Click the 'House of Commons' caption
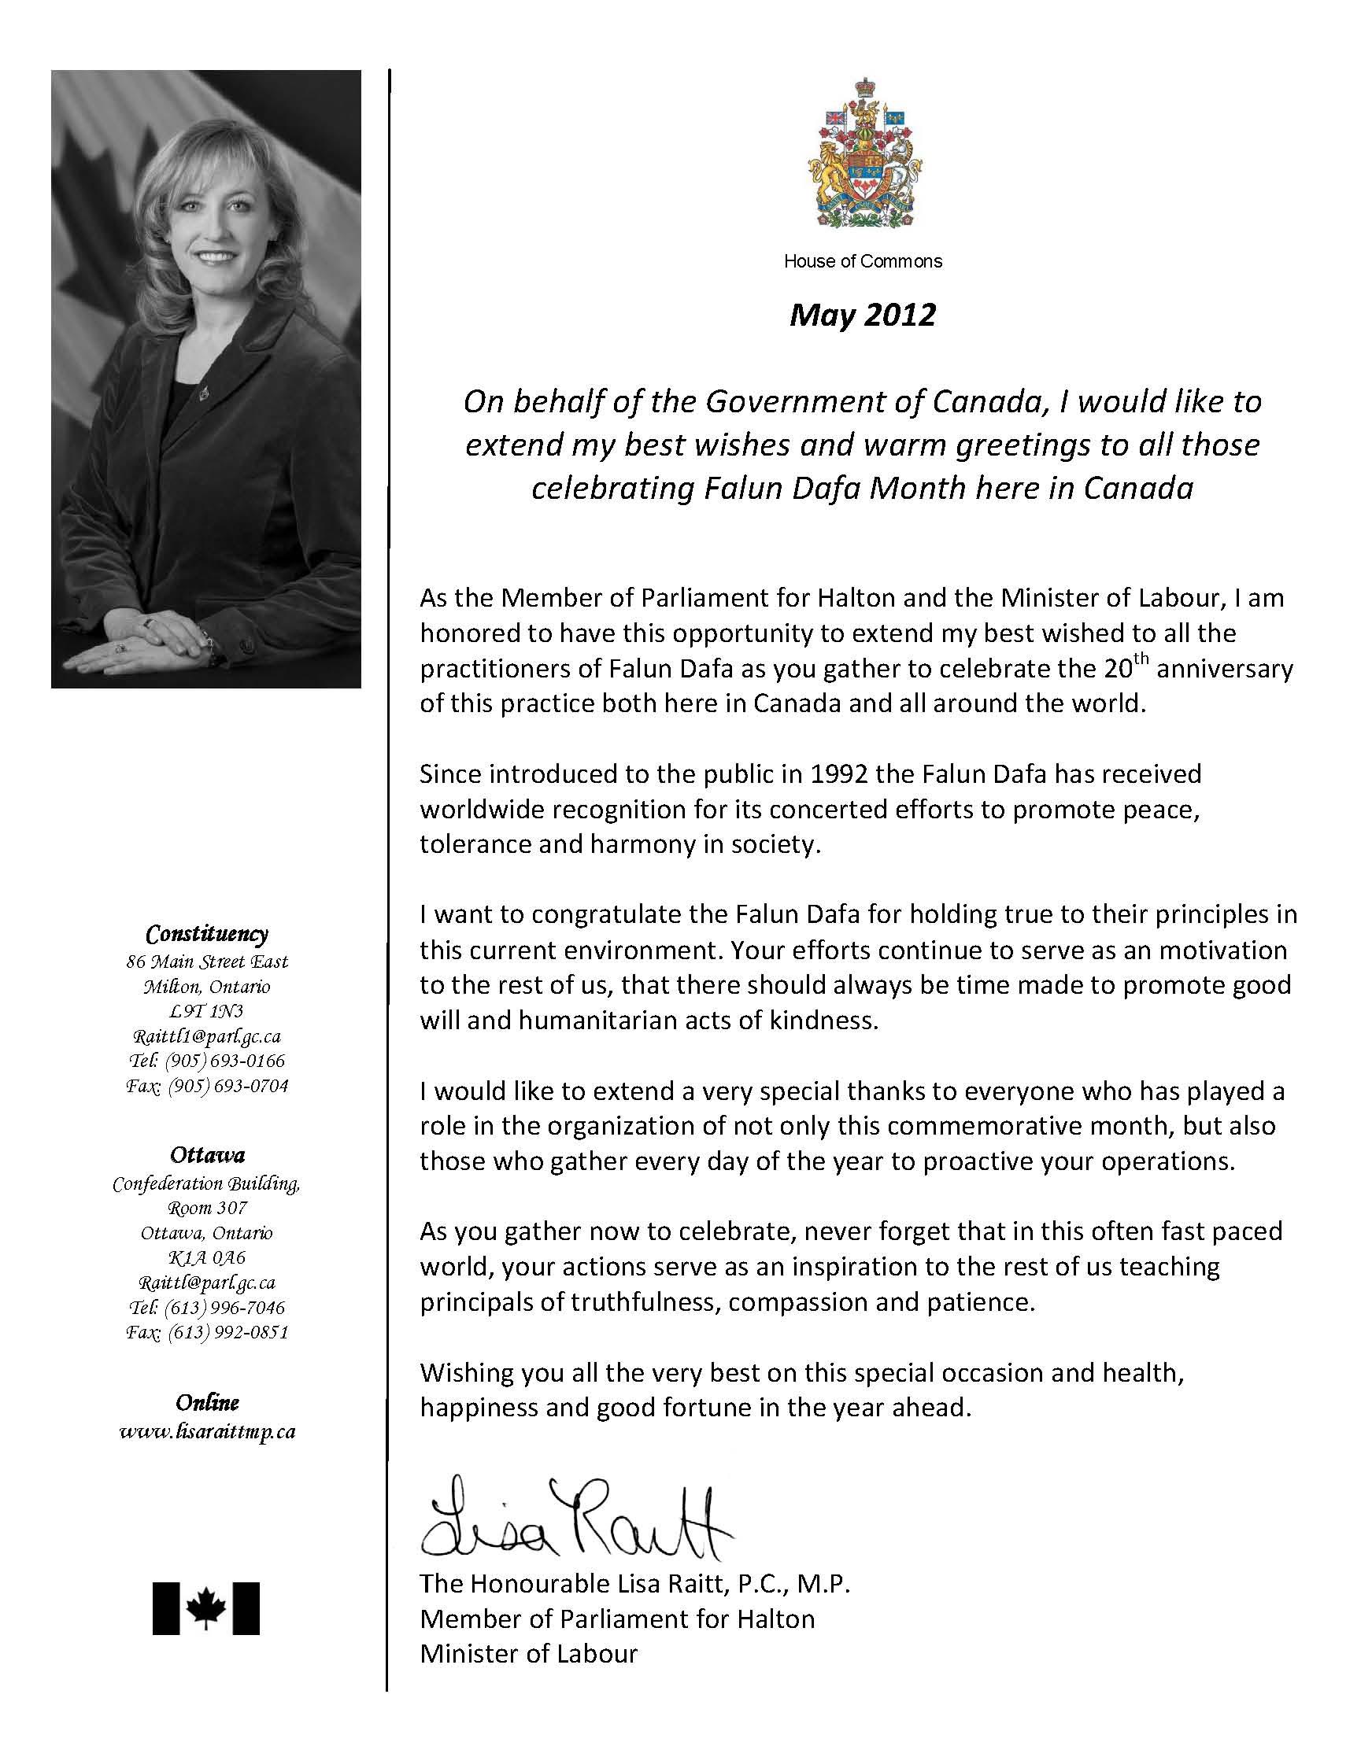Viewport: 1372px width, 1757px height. (x=863, y=260)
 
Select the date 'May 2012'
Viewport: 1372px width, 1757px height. (x=863, y=315)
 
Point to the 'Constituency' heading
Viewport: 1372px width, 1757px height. (x=207, y=935)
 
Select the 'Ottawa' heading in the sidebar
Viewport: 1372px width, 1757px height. (x=207, y=1155)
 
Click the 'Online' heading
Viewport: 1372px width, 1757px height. (x=207, y=1403)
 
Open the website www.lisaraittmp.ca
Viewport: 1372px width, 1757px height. (x=207, y=1432)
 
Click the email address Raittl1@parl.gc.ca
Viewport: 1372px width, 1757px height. (x=207, y=1036)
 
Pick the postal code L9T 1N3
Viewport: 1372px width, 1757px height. (x=207, y=1011)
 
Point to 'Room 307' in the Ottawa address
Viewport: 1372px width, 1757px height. (x=207, y=1208)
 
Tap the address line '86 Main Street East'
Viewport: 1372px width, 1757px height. (x=207, y=962)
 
